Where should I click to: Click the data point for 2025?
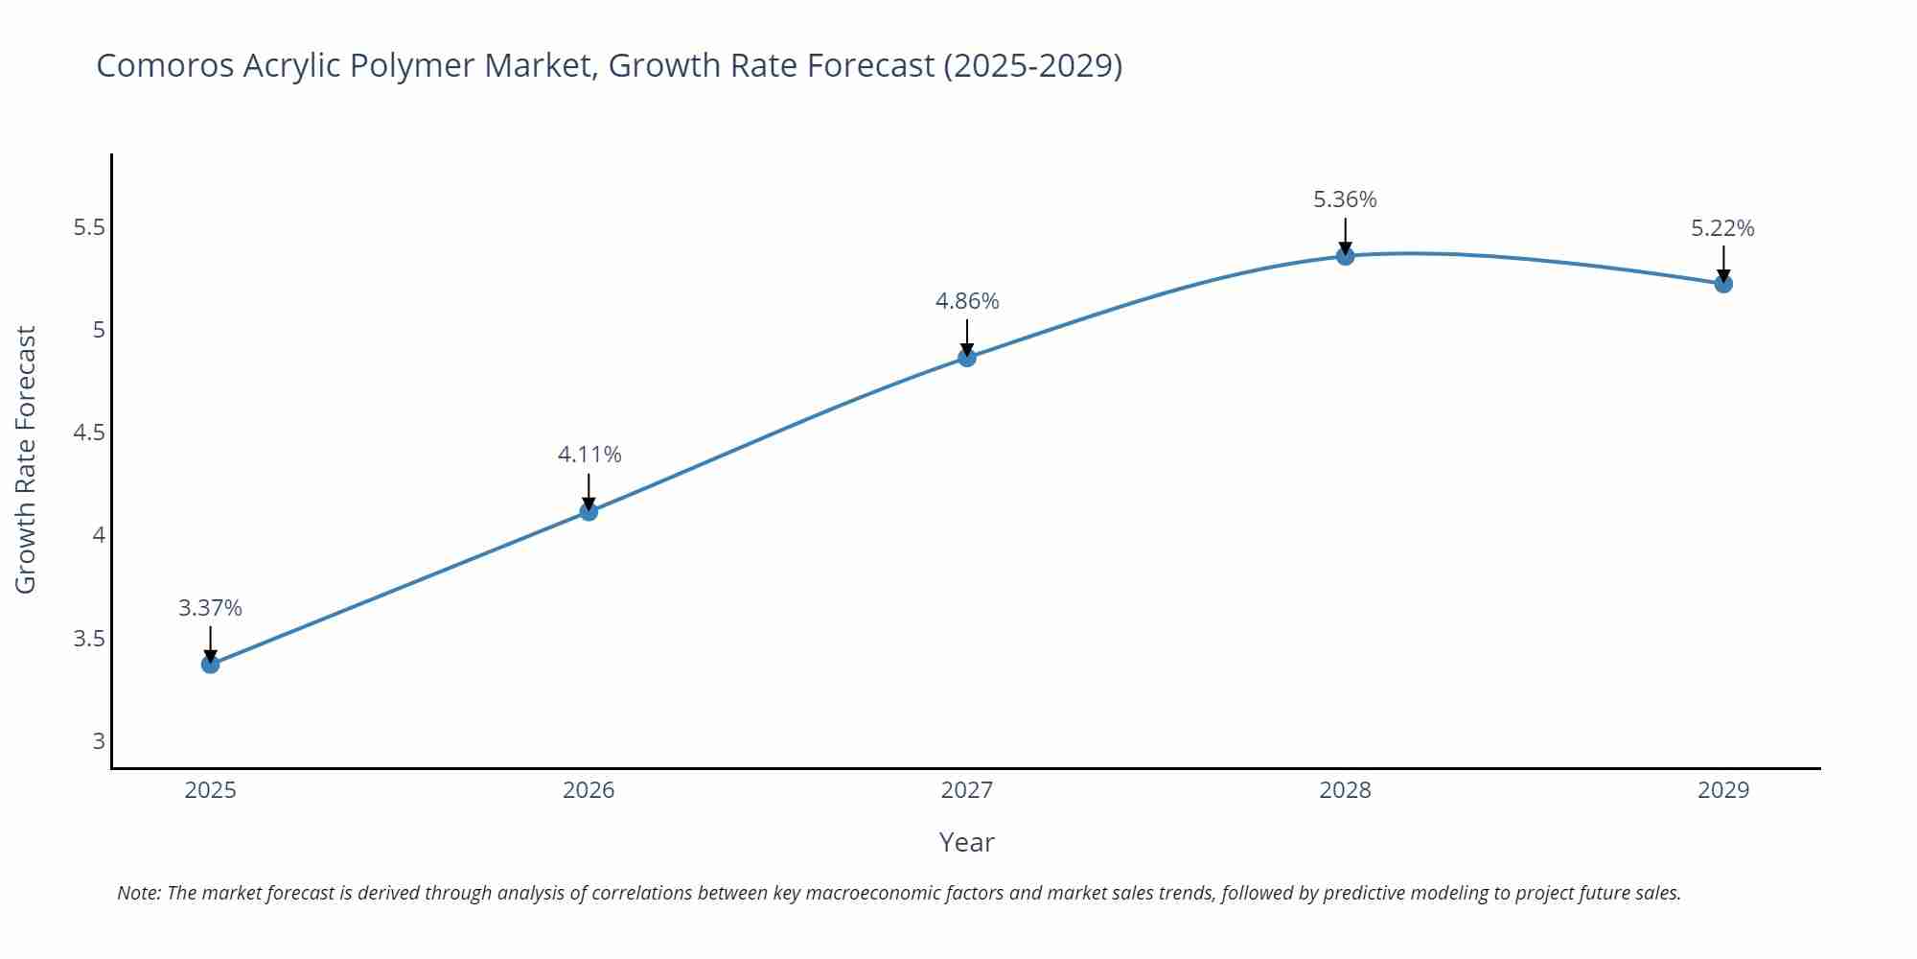pyautogui.click(x=211, y=664)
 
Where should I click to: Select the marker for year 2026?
pyautogui.click(x=589, y=511)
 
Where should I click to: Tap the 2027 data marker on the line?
pyautogui.click(x=967, y=358)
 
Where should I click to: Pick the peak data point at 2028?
pyautogui.click(x=1345, y=255)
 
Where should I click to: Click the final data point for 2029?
pyautogui.click(x=1723, y=284)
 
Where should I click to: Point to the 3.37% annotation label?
pyautogui.click(x=210, y=608)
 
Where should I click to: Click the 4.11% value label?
pyautogui.click(x=589, y=455)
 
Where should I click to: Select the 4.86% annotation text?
pyautogui.click(x=967, y=301)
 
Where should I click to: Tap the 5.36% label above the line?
pyautogui.click(x=1345, y=199)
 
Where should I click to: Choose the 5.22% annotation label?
pyautogui.click(x=1722, y=228)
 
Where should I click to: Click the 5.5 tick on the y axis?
pyautogui.click(x=89, y=228)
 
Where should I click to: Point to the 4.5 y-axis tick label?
pyautogui.click(x=89, y=433)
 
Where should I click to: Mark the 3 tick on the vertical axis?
pyautogui.click(x=99, y=740)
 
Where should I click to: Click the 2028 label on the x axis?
pyautogui.click(x=1345, y=790)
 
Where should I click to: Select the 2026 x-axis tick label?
pyautogui.click(x=589, y=790)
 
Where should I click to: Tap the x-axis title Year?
pyautogui.click(x=966, y=842)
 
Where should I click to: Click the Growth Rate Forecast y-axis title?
pyautogui.click(x=26, y=459)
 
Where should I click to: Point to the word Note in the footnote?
pyautogui.click(x=138, y=893)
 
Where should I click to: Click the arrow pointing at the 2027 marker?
pyautogui.click(x=967, y=337)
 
